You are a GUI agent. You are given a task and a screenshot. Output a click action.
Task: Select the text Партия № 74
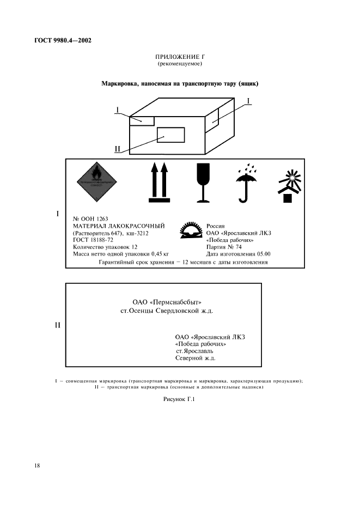tap(224, 247)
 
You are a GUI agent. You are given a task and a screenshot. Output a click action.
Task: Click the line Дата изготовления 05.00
tap(238, 254)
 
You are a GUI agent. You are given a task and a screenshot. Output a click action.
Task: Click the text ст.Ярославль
tap(191, 351)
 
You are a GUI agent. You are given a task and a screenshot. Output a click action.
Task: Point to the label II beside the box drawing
tap(118, 148)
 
